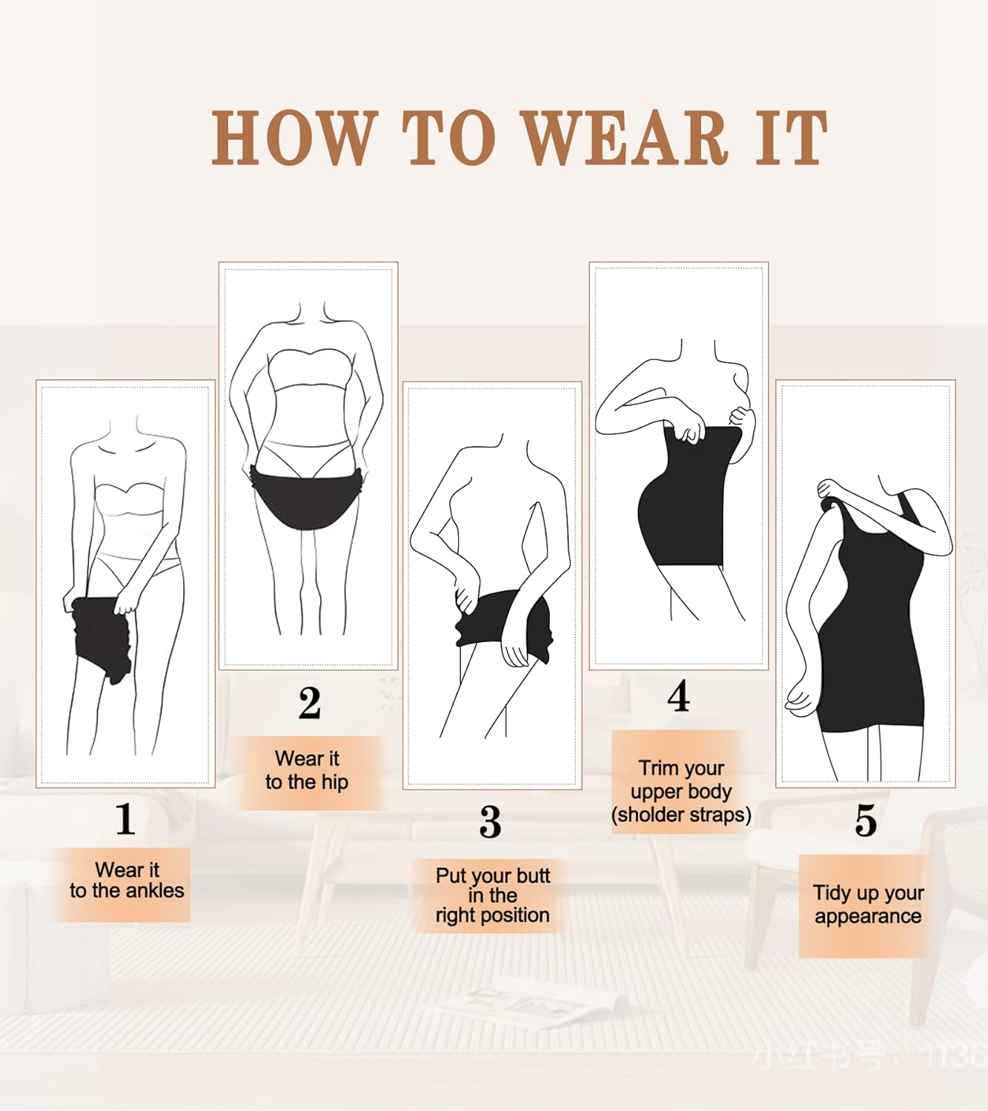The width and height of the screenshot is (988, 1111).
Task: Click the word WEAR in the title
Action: click(625, 139)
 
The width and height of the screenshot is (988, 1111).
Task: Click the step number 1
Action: click(125, 819)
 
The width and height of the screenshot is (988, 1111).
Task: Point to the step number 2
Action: click(310, 703)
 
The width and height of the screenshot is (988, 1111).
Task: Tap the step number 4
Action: click(678, 696)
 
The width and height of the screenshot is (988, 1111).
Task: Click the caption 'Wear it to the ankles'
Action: click(126, 881)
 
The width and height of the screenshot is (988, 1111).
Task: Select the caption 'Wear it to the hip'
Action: click(307, 770)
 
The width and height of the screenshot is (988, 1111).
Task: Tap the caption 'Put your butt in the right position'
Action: click(493, 895)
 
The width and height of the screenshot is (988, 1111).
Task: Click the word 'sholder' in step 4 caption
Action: click(649, 815)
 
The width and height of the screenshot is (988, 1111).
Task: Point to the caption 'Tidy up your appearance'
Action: click(868, 904)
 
